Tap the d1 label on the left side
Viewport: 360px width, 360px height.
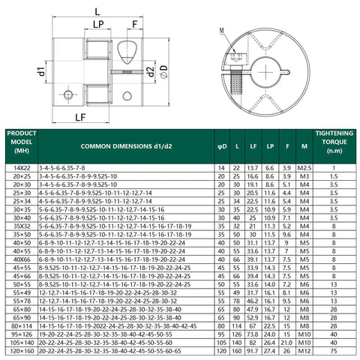point(42,73)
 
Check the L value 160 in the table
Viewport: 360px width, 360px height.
point(236,349)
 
